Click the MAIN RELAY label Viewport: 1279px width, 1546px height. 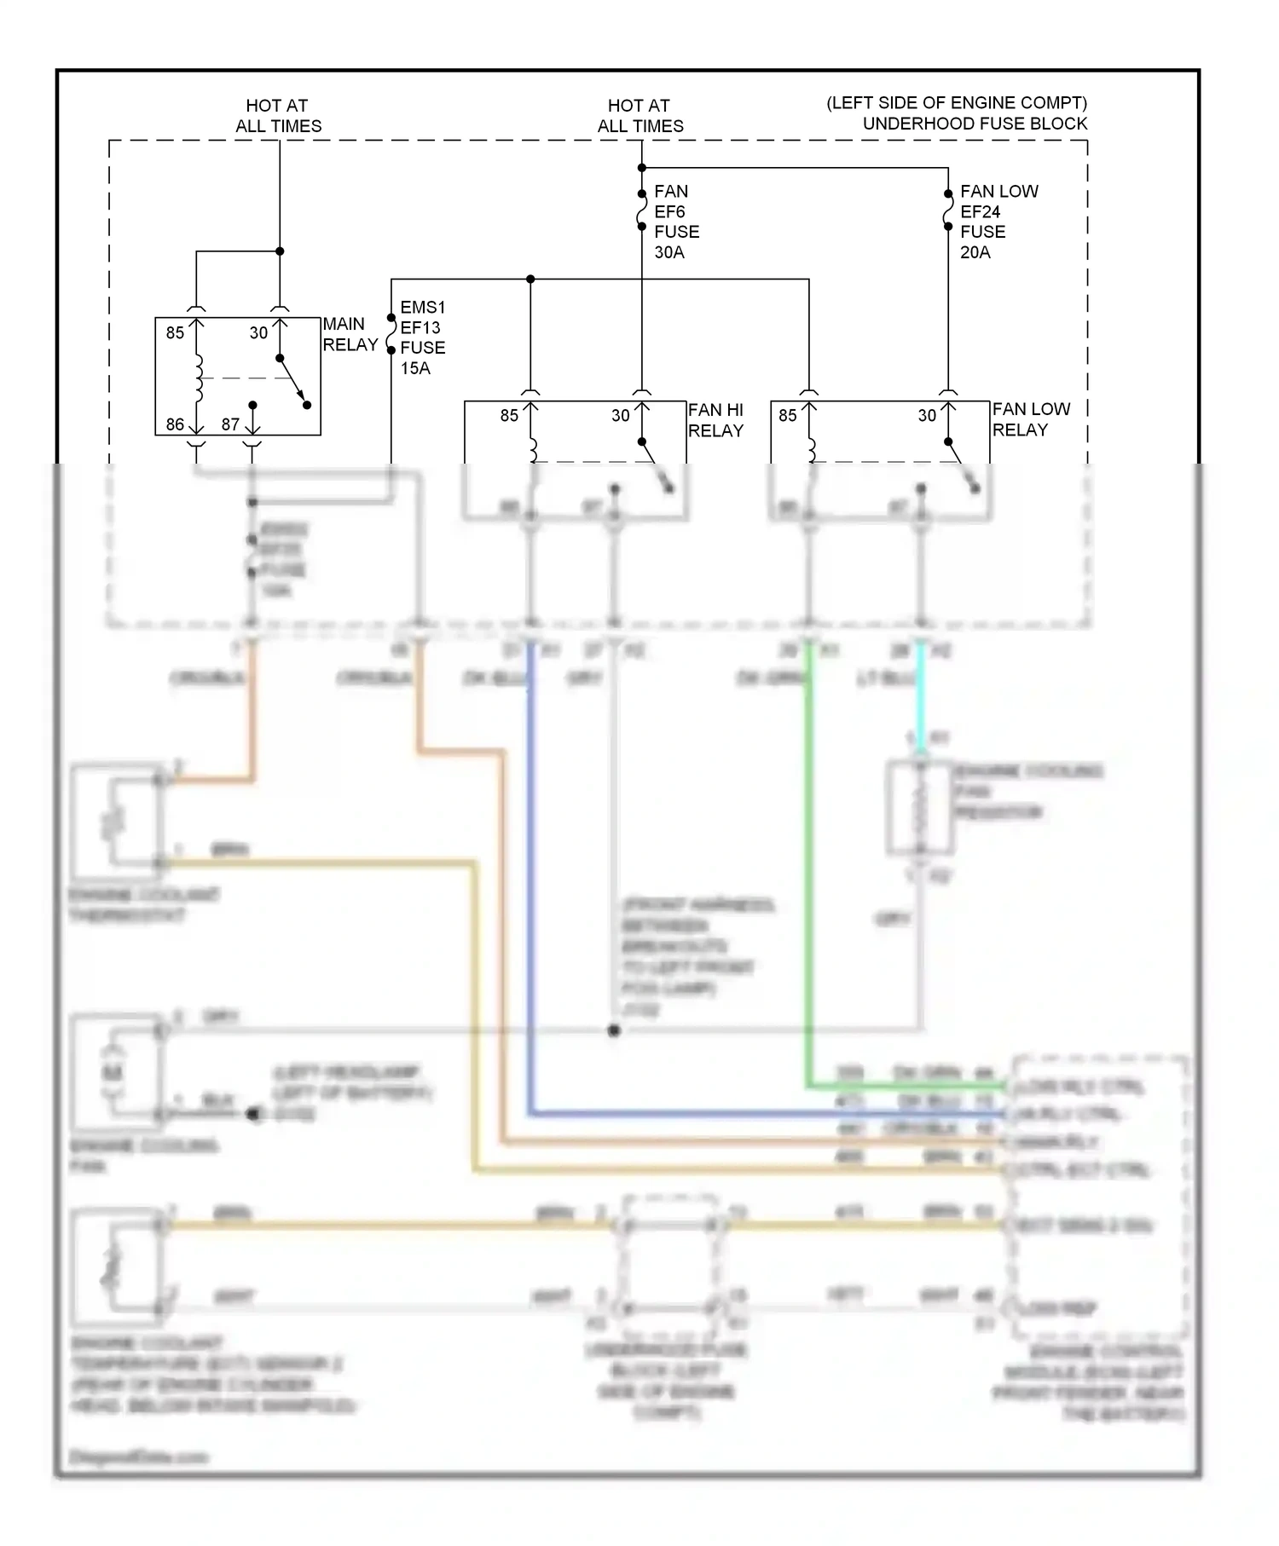[350, 334]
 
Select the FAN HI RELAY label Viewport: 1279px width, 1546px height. [715, 420]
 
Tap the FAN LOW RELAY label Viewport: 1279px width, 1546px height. [1030, 419]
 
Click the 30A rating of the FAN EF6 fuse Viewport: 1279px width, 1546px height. [669, 252]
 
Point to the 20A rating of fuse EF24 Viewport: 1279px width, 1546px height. [975, 252]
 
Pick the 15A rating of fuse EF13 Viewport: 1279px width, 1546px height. [415, 368]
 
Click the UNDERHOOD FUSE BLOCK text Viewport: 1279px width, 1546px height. [975, 124]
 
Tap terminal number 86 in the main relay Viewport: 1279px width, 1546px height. [175, 424]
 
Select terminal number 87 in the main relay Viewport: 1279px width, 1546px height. [230, 424]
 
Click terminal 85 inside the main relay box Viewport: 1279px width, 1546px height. [175, 332]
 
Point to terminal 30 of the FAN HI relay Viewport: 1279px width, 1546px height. [621, 415]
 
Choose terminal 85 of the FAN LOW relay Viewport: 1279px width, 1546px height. [787, 415]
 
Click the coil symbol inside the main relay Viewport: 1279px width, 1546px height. [199, 378]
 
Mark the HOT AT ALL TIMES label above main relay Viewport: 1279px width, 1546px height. [278, 116]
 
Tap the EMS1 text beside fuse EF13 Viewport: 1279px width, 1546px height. [423, 307]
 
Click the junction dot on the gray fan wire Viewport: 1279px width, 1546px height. [614, 1030]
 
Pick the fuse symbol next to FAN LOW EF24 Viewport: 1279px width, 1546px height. [947, 211]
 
